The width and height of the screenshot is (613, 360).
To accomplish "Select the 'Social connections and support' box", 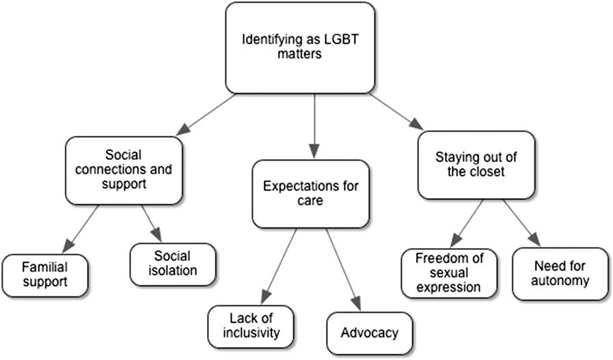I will tap(124, 169).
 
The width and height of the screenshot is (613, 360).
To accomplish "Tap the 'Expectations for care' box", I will tap(312, 193).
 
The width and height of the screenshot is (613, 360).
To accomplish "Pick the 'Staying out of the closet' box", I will tap(476, 165).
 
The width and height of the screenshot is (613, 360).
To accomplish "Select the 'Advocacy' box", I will tap(369, 333).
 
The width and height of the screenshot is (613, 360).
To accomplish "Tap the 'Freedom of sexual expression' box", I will tap(448, 273).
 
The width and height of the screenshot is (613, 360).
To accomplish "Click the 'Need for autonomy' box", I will tap(559, 273).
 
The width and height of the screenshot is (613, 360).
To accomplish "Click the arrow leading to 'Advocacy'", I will tap(342, 270).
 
